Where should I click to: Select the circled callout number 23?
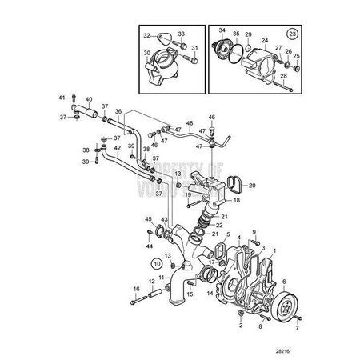coord(294,34)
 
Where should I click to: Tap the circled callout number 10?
coord(158,262)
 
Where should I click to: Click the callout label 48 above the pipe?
coord(190,124)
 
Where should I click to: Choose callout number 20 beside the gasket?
coord(253,186)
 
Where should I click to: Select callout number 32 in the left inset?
coord(146,35)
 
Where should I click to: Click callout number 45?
coord(148,219)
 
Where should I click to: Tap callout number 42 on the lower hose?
coord(116,148)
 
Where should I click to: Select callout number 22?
coord(219,225)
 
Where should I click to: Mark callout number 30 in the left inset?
coord(146,54)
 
